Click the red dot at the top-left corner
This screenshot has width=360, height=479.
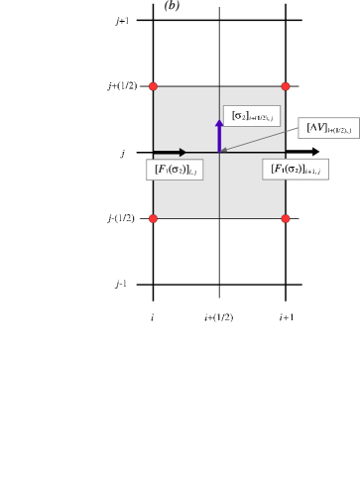[153, 86]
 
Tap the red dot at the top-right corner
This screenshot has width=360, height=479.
[285, 86]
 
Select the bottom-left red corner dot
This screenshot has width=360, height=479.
[153, 218]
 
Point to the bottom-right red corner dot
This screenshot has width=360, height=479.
[285, 218]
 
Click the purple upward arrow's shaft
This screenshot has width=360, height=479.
[219, 139]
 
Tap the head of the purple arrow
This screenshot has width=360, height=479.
[219, 123]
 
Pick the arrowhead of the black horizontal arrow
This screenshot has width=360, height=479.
[182, 152]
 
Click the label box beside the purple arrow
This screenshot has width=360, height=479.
[251, 116]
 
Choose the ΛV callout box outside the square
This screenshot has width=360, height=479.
[328, 128]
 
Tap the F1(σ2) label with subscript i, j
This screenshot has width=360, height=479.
[175, 170]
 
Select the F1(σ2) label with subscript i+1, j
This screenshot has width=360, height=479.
[295, 170]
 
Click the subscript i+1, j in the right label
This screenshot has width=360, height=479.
[311, 172]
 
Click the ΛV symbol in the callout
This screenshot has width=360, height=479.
[316, 127]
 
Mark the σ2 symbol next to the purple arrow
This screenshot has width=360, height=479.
[239, 115]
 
